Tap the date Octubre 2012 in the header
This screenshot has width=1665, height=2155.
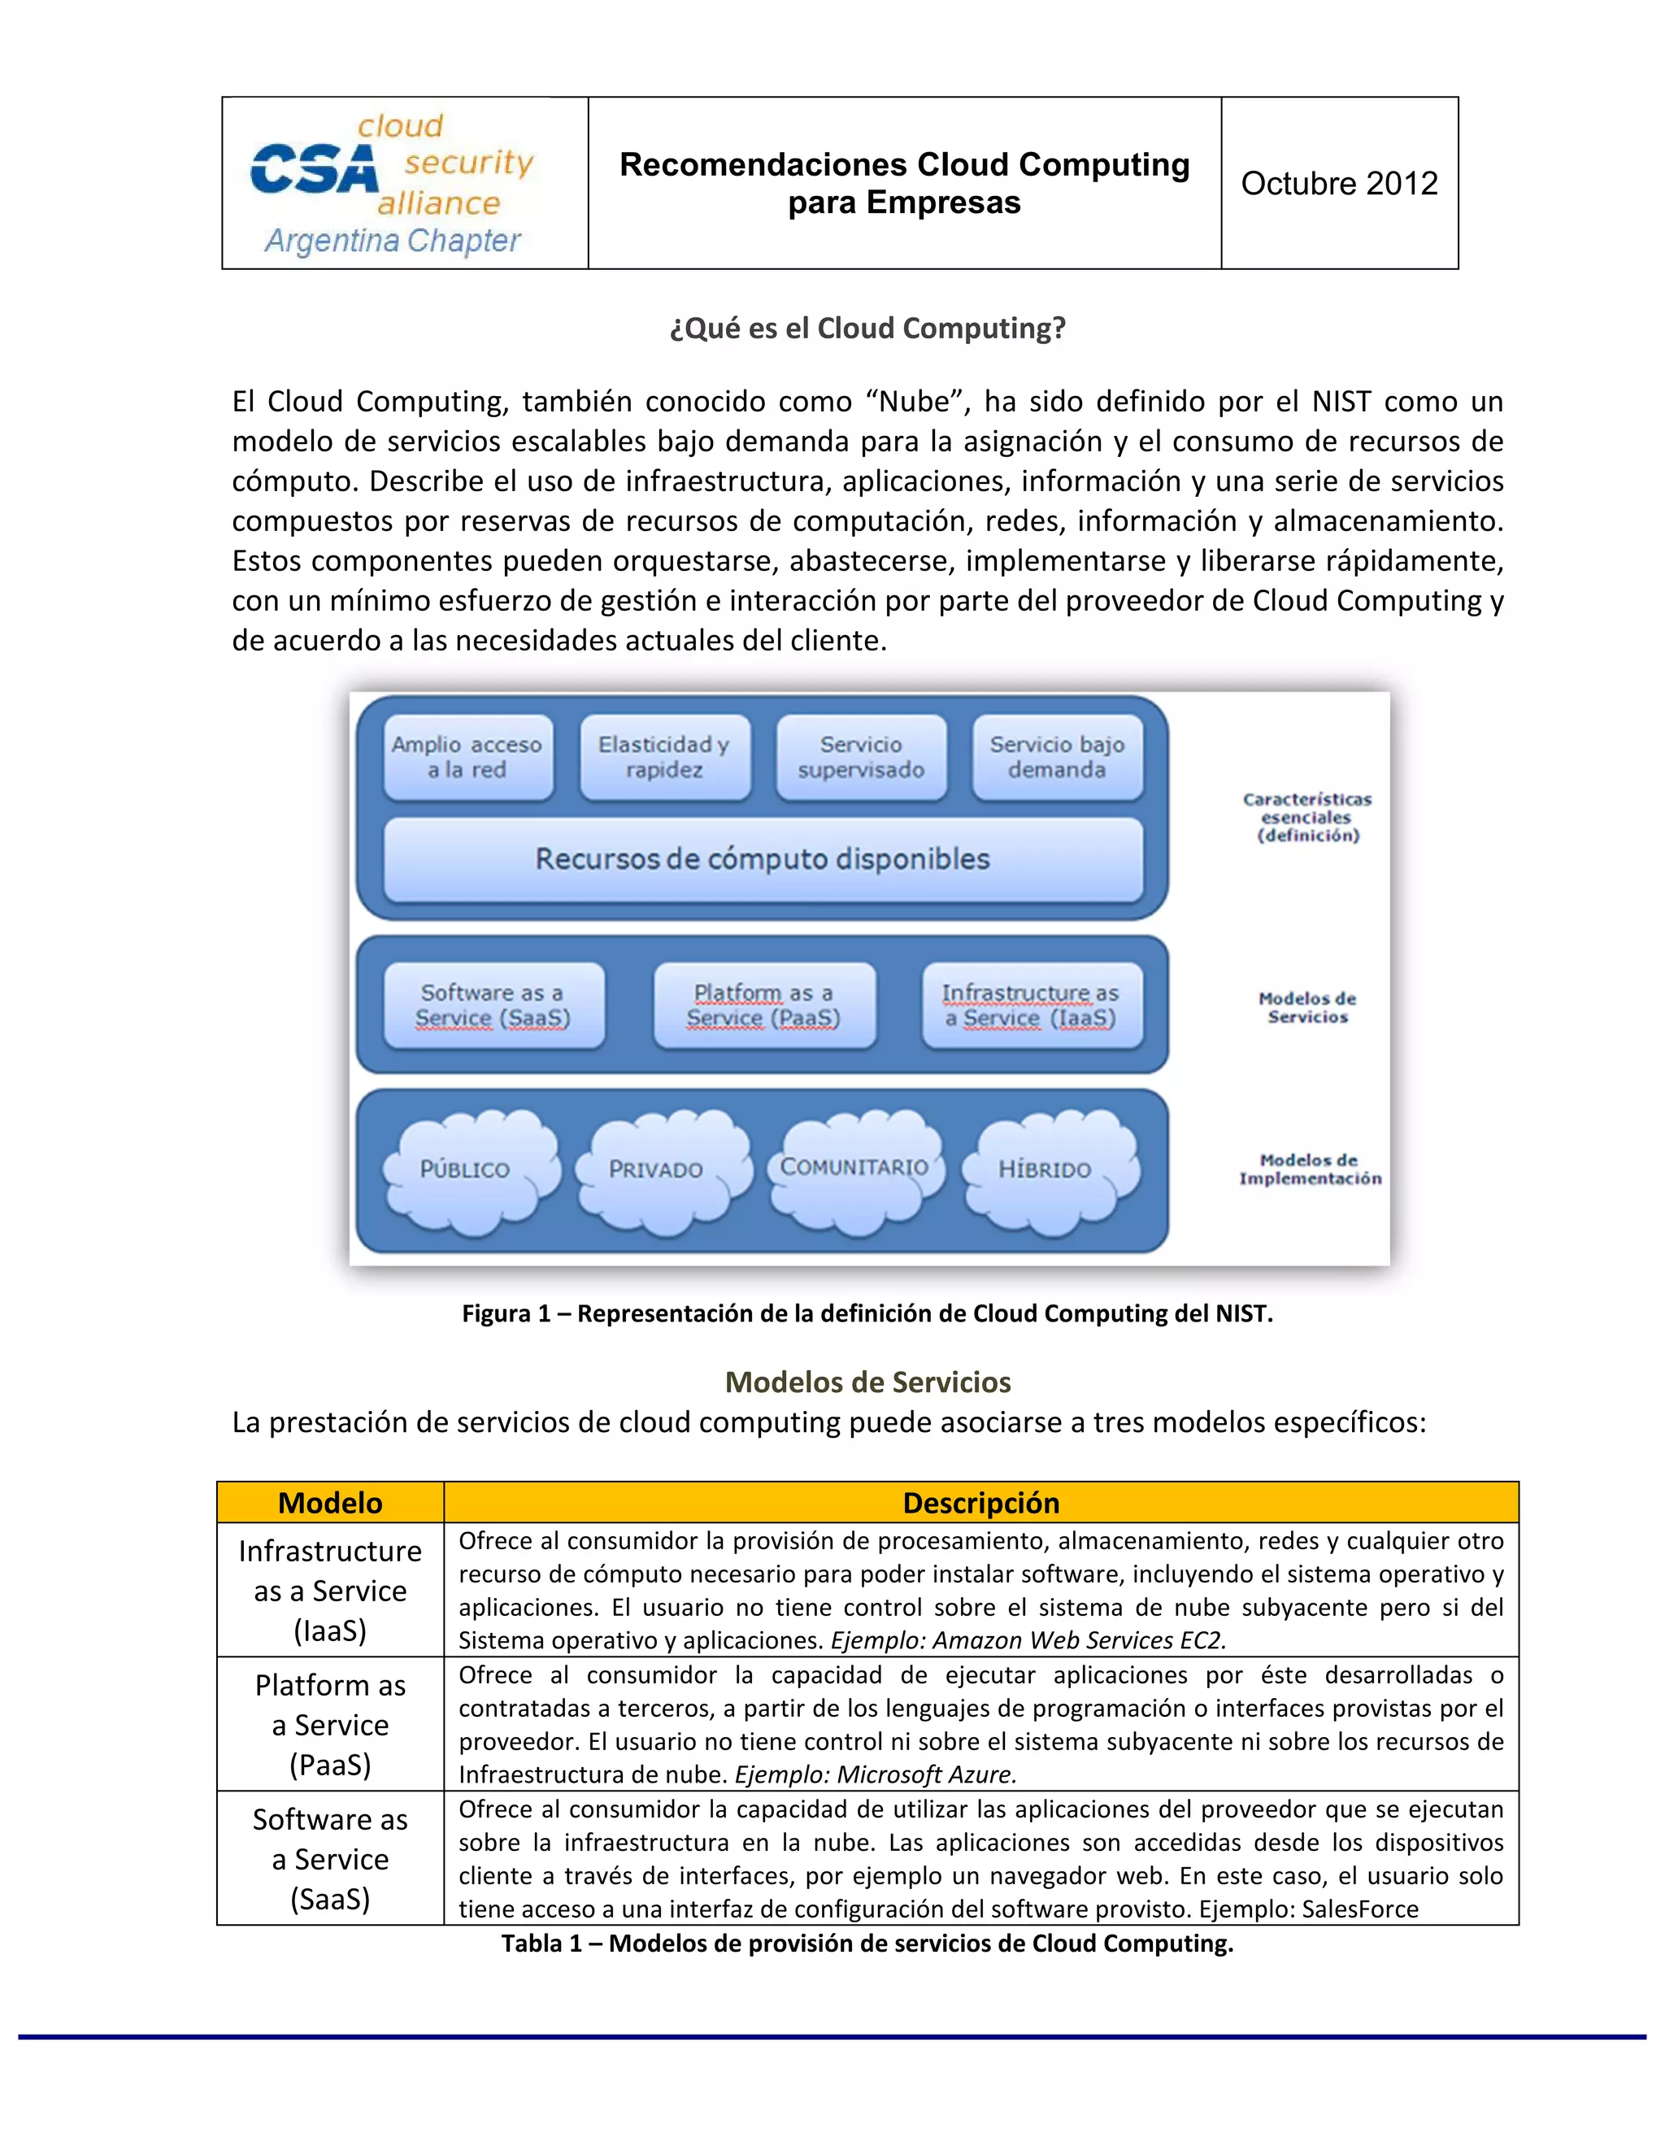pos(1338,184)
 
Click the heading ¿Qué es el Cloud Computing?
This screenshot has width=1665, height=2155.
pos(867,328)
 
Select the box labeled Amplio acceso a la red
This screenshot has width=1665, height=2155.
pos(467,757)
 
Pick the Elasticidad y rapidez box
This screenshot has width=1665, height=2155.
pos(664,757)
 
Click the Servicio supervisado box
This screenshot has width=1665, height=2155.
pos(861,757)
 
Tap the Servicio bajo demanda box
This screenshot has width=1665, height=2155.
pos(1056,757)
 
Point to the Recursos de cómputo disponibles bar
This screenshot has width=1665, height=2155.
pos(763,859)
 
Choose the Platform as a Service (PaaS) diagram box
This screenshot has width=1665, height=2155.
pos(763,1004)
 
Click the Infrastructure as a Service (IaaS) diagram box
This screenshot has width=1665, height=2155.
pos(1031,1004)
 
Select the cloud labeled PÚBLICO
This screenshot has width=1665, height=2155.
pos(466,1169)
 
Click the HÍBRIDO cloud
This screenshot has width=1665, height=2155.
pos(1046,1169)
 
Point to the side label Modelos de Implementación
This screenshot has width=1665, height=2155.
pos(1309,1169)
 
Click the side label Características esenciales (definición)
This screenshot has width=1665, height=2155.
pos(1307,817)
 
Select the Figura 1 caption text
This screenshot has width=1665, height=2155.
pos(867,1313)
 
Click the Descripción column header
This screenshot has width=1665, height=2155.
pos(980,1503)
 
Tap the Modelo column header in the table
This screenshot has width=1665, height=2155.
pos(329,1503)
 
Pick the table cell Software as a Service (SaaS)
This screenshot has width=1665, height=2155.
pos(329,1859)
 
